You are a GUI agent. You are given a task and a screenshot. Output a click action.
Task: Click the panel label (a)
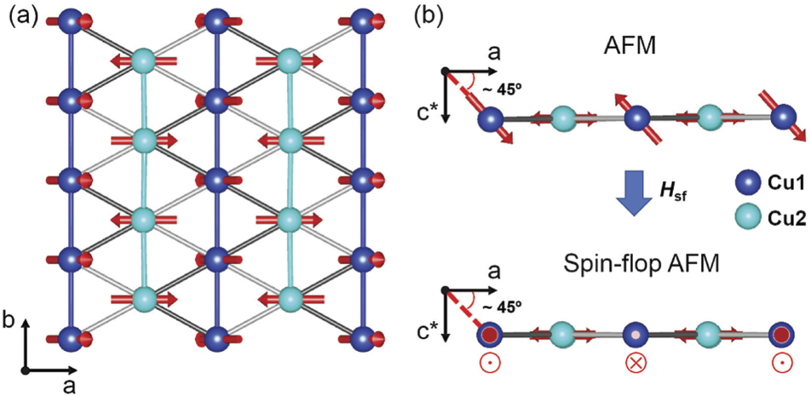tap(20, 15)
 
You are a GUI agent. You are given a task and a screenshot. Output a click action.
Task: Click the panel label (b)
tap(434, 15)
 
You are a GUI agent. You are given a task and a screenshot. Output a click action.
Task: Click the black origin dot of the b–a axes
tap(28, 370)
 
